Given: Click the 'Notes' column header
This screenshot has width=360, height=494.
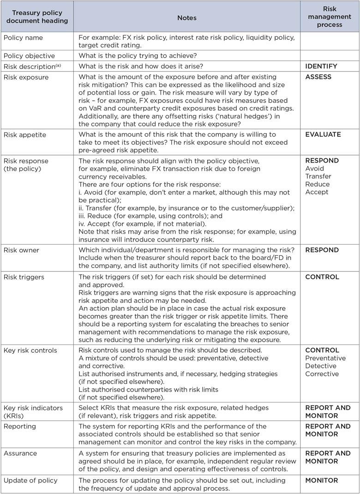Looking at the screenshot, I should coord(187,18).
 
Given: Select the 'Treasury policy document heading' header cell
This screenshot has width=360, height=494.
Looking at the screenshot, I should coord(36,17).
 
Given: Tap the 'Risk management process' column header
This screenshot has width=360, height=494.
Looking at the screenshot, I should coord(330,17).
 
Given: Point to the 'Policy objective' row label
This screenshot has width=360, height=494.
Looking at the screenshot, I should coord(29,56).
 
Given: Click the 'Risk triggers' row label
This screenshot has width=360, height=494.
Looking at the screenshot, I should coord(24,277).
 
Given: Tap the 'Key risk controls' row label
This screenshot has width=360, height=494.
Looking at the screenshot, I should coord(30,350).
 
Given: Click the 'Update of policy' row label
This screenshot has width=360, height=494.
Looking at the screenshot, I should coord(30,481).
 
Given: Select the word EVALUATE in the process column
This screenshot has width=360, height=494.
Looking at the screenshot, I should coord(323,135).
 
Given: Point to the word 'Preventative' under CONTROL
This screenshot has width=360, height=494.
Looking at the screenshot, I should coord(325,358).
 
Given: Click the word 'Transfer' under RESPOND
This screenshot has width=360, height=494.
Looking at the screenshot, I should coord(318,176).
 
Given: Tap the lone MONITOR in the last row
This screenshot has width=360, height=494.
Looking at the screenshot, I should coord(322,481).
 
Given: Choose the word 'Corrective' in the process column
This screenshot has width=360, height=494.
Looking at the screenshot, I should coord(322,374).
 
